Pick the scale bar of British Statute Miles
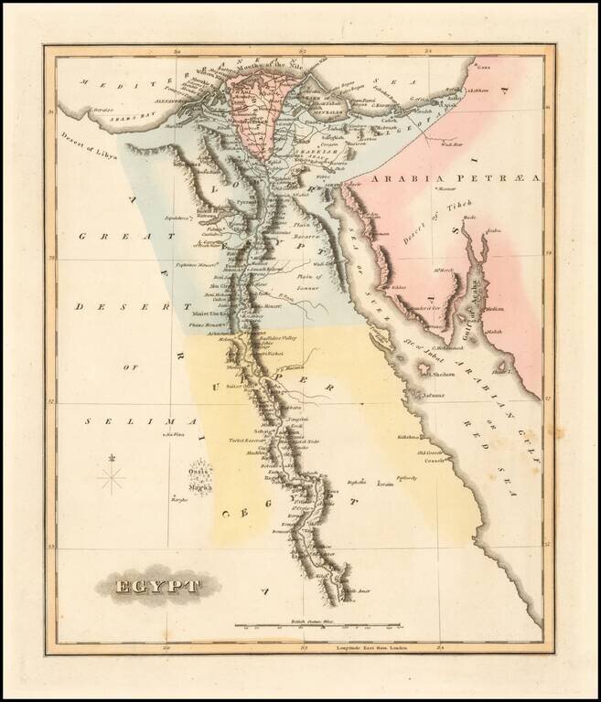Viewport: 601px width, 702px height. point(318,626)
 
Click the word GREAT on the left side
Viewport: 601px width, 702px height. point(100,236)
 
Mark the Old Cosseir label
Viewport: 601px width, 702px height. point(432,452)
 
